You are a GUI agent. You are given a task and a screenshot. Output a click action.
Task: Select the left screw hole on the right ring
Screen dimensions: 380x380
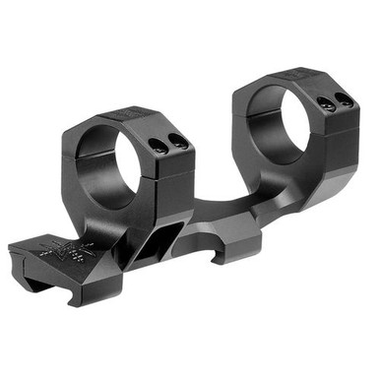pyautogui.click(x=324, y=100)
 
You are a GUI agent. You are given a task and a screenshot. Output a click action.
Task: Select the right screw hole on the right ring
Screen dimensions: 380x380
pyautogui.click(x=343, y=98)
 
